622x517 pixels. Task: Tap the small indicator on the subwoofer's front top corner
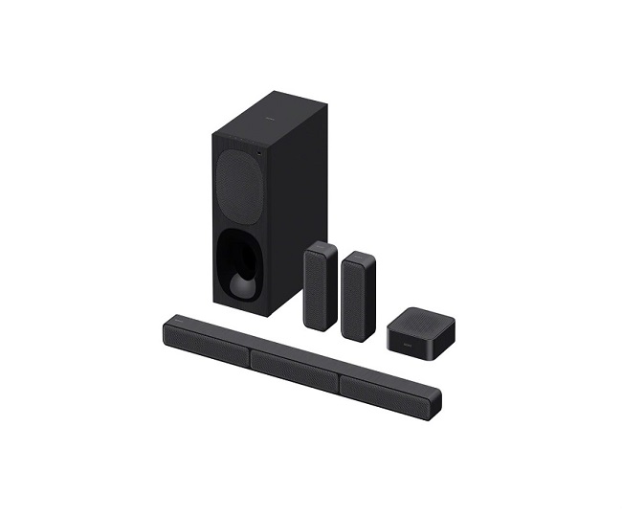[x=256, y=149]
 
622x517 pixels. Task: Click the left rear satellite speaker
[x=320, y=287]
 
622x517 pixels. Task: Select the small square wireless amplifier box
[x=413, y=326]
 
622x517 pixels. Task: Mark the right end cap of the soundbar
[x=435, y=399]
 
